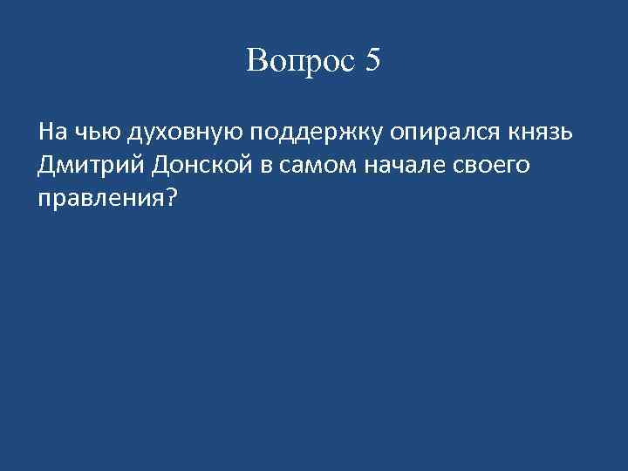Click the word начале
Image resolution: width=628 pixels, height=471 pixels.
click(x=408, y=166)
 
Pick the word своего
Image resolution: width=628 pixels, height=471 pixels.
click(x=493, y=166)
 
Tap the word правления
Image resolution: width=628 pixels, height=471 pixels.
click(x=100, y=198)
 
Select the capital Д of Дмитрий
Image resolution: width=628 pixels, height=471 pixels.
click(x=47, y=165)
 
